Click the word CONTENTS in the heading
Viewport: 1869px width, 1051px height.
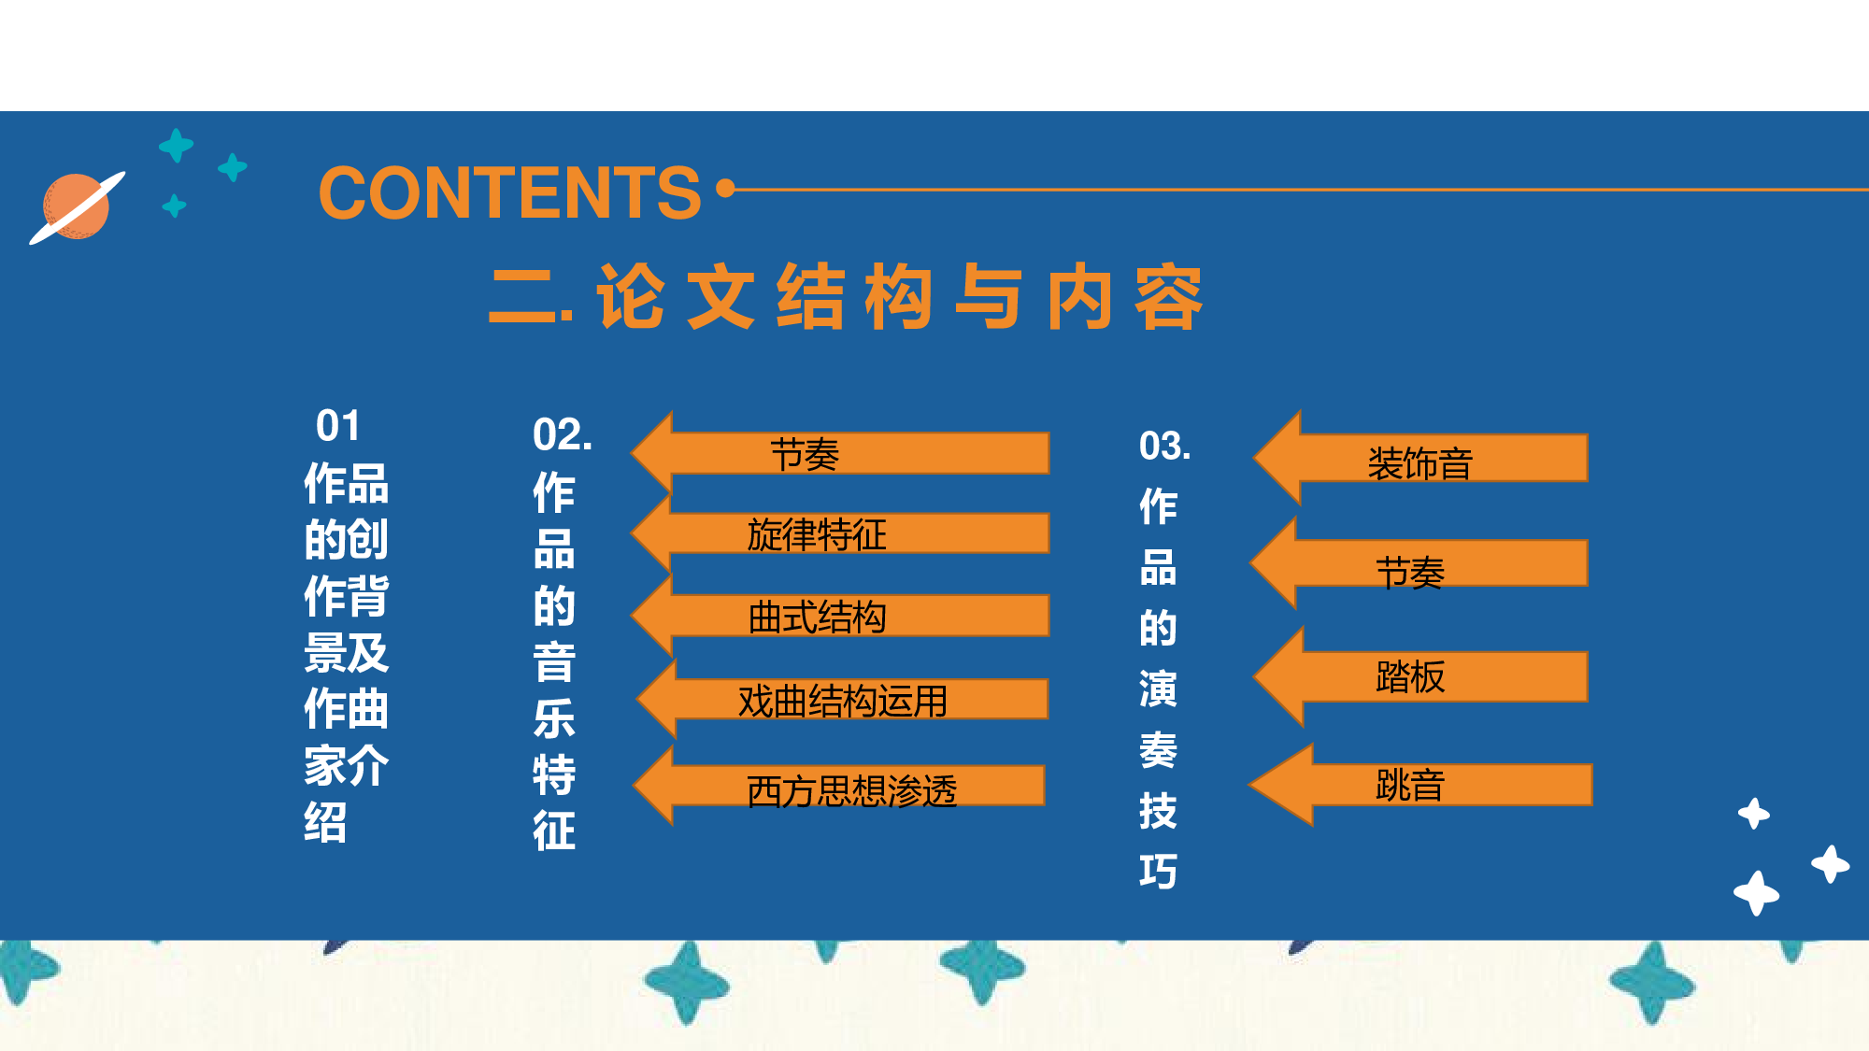coord(509,193)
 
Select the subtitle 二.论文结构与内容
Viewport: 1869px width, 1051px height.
coord(846,298)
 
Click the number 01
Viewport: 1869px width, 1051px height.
coord(338,426)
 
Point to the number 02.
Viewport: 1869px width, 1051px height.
coord(562,435)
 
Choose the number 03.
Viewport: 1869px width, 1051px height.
coord(1164,446)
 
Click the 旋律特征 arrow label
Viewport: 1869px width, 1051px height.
coord(817,534)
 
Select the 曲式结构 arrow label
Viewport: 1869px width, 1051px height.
coord(817,617)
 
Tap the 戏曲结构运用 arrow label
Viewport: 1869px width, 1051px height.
coord(842,701)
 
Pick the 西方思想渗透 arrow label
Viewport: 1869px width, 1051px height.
coord(851,790)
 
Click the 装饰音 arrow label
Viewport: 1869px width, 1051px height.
coord(1420,463)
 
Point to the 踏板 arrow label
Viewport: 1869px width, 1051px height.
coord(1410,676)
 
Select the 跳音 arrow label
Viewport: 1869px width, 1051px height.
coord(1410,785)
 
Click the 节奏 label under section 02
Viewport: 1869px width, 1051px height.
coord(805,455)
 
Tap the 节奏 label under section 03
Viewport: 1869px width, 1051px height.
coord(1410,572)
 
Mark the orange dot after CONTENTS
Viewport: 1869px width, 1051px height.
coord(725,189)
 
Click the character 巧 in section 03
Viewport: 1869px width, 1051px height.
coord(1158,871)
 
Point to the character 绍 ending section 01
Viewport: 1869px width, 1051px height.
coord(325,822)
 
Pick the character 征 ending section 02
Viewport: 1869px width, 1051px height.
coord(554,830)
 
